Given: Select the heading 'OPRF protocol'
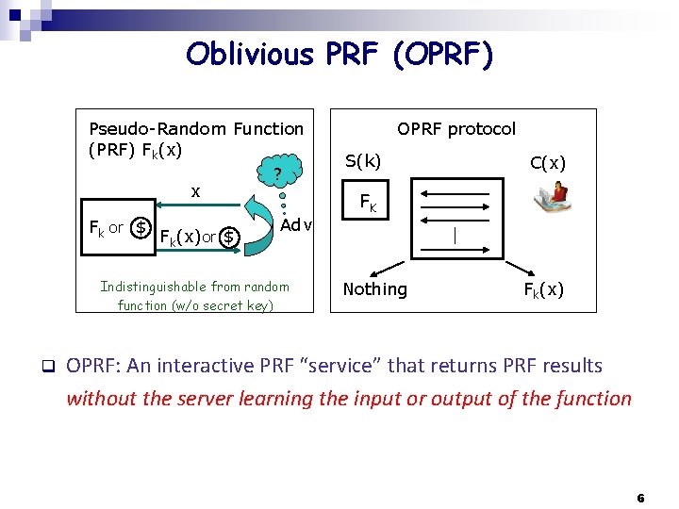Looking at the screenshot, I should tap(456, 129).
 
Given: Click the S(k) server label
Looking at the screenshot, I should tap(363, 161).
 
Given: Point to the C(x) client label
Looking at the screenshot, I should tap(548, 163).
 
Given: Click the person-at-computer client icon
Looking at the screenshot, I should tap(552, 196).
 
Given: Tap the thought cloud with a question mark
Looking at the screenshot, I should tap(276, 172).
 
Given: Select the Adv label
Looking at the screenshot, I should tap(296, 225).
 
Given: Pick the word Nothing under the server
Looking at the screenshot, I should tap(375, 289).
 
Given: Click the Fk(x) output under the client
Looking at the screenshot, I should tap(544, 289).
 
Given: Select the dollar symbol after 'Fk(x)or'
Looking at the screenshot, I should tap(229, 236).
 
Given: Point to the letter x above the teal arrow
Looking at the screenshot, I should tap(195, 191).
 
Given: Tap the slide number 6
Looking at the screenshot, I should tap(640, 497).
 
